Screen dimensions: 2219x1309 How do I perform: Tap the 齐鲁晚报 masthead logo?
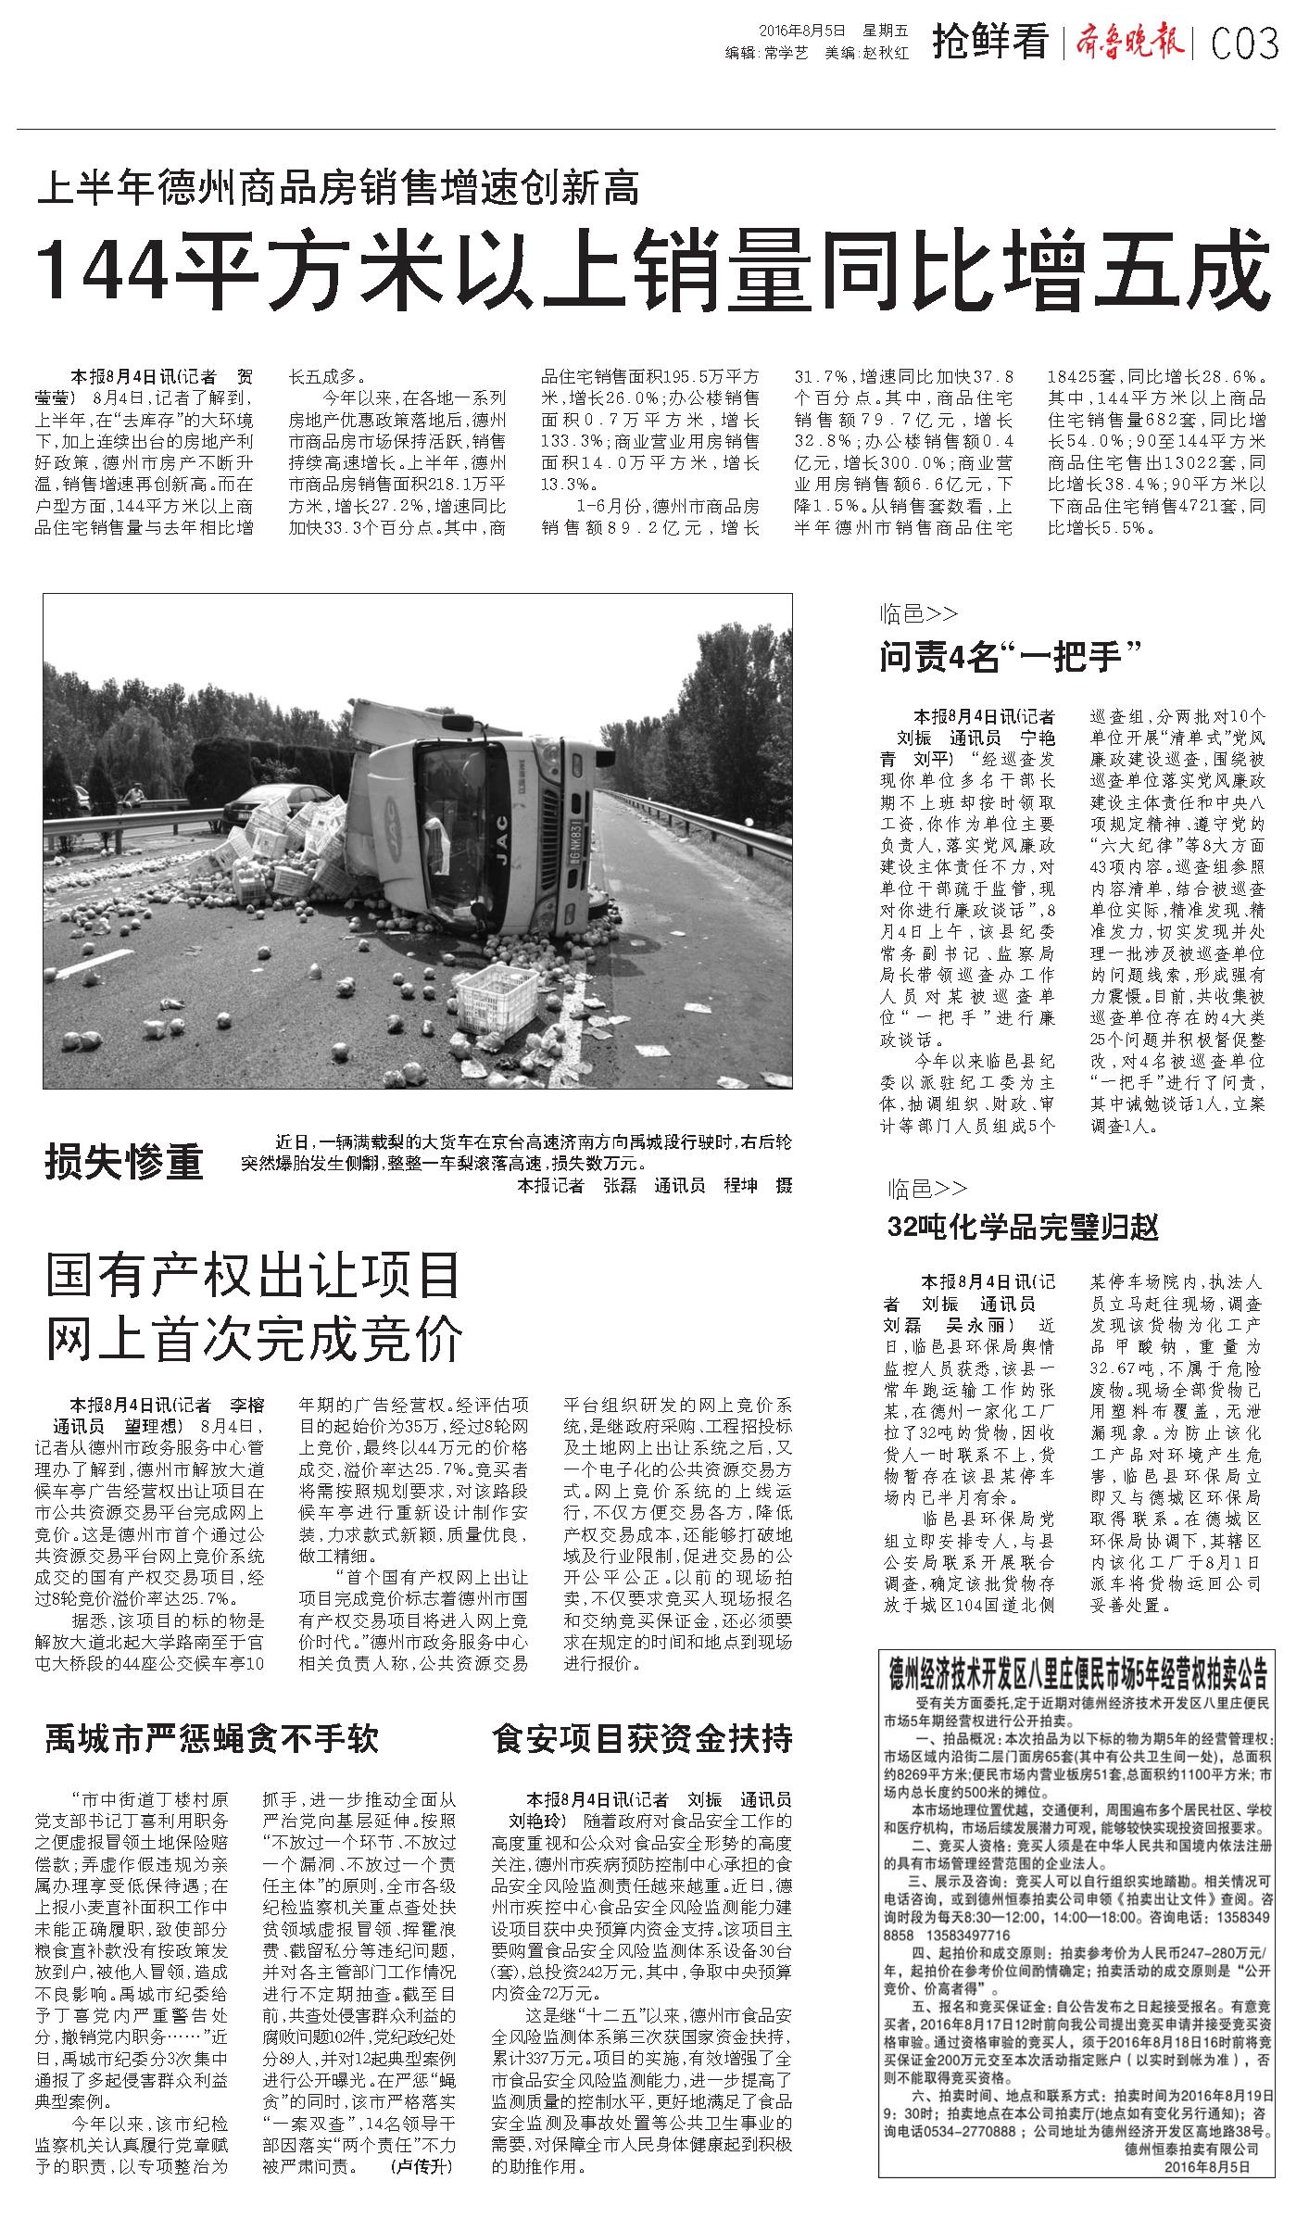click(x=1130, y=42)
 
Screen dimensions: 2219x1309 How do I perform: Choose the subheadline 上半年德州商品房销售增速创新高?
click(x=339, y=188)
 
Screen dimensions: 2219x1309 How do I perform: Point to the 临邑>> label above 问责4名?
click(x=918, y=614)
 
